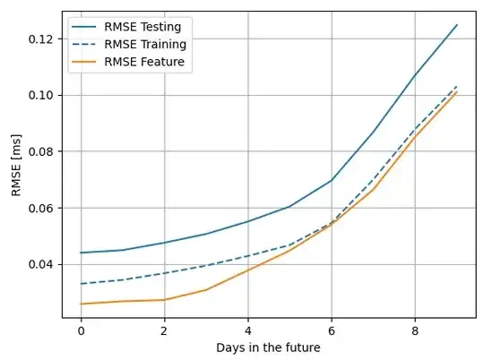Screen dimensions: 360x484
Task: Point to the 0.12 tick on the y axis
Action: [39, 39]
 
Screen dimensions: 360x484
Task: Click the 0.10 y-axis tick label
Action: [39, 95]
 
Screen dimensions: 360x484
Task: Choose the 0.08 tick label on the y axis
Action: [39, 151]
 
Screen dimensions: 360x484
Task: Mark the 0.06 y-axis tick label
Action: [39, 208]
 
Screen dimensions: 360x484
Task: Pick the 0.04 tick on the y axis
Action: [39, 264]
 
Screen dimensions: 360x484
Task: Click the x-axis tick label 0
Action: [81, 329]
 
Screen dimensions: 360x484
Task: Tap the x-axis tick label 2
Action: [164, 329]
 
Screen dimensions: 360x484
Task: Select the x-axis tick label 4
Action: [248, 329]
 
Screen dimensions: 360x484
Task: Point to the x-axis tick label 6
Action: [332, 329]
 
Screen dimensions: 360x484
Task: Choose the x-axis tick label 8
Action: [415, 329]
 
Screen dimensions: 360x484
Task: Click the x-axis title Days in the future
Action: [269, 347]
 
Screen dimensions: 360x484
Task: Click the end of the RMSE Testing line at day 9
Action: [457, 25]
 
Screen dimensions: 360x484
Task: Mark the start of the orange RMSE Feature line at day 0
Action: [81, 304]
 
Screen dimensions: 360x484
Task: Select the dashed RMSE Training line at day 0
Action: [81, 284]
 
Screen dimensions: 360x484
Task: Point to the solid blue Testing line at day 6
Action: [332, 180]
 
